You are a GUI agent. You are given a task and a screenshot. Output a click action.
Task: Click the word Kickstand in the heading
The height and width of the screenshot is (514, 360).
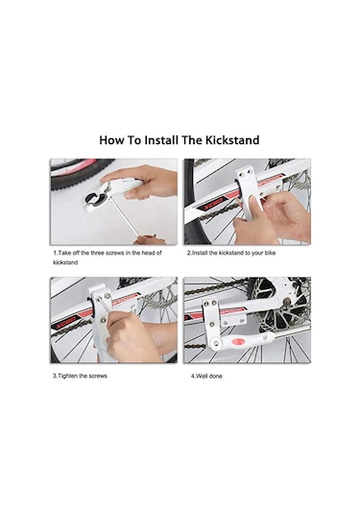[x=232, y=140]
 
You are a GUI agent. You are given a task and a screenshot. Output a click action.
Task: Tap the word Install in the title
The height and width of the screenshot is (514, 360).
[x=162, y=140]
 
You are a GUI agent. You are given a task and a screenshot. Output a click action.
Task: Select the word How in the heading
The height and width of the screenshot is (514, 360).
[x=112, y=140]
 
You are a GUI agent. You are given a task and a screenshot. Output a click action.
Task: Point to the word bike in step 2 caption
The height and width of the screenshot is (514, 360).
[x=270, y=253]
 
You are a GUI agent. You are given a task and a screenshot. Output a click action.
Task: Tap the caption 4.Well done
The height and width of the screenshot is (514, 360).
[x=206, y=377]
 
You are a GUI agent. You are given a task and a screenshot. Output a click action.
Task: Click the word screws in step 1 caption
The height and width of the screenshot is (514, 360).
[x=115, y=253]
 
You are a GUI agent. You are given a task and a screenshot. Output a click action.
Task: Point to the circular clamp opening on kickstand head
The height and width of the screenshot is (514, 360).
[x=93, y=197]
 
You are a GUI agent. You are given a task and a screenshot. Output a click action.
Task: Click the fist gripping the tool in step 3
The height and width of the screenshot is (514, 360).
[x=131, y=337]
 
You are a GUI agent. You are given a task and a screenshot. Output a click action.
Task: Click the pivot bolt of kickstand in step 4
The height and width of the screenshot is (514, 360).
[x=216, y=343]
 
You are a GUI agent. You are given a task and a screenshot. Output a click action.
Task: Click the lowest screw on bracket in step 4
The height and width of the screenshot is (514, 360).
[x=212, y=324]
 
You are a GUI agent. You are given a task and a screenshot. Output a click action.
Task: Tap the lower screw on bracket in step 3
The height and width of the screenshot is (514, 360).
[x=104, y=318]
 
